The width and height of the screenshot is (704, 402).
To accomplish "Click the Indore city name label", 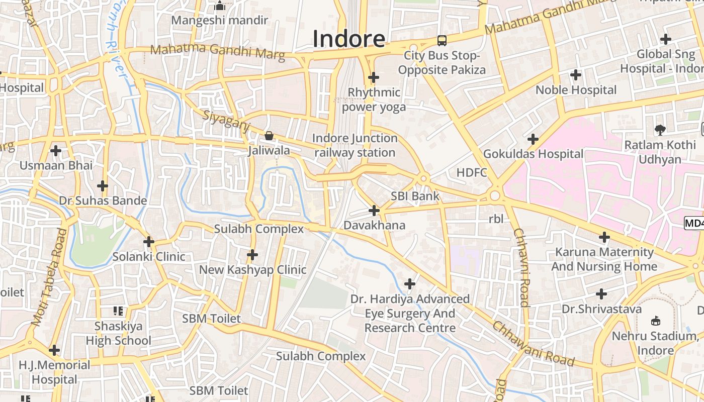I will coord(349,39).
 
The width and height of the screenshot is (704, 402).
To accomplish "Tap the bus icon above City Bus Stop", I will coord(442,41).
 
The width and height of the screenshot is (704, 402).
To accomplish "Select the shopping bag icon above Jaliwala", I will coord(269,136).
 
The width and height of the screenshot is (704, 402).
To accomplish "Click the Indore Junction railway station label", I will coord(355,145).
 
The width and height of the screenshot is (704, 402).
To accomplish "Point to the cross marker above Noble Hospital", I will coord(576,75).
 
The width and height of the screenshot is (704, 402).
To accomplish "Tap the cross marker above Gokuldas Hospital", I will coord(533,139).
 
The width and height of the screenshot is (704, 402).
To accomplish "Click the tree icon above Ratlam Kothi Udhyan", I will coord(660,130).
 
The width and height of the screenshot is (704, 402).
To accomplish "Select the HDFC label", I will coord(472,173).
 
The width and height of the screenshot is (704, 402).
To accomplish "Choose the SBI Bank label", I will coord(415,196).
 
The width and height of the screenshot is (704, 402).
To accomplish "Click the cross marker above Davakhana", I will coord(374,211).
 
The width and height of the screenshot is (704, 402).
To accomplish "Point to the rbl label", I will coord(496,219).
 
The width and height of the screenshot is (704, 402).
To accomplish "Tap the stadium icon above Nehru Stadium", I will coord(656,321).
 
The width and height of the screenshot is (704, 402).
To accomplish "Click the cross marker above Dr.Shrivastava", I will coord(601,293).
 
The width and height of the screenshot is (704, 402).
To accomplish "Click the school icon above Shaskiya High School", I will coord(119,311).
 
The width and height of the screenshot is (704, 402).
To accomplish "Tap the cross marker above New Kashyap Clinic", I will coord(252,255).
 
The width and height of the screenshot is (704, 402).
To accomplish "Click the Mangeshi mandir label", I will coord(220,21).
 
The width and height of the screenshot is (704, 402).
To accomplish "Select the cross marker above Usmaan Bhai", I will coord(56,150).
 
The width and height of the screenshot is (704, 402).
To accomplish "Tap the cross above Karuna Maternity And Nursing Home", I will coord(604,237).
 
